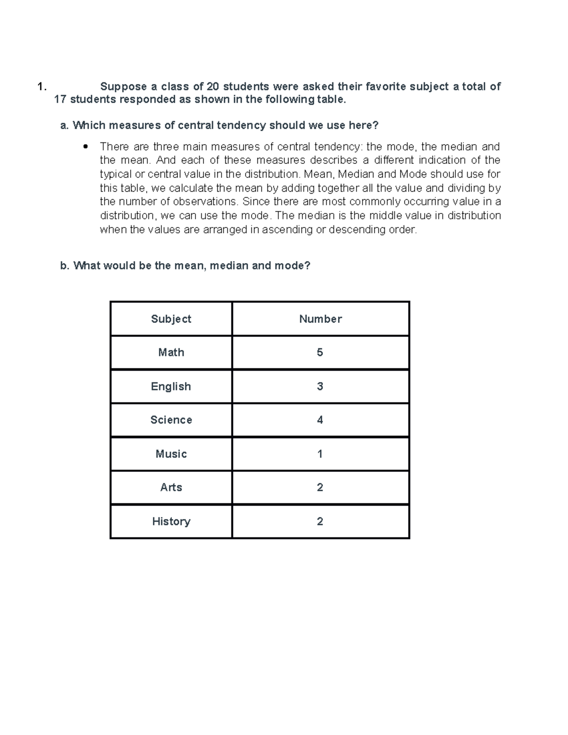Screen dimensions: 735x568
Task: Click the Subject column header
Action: (171, 319)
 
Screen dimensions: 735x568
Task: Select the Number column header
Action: (320, 319)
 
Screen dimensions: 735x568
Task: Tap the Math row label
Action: (171, 353)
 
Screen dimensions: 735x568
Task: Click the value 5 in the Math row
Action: (320, 353)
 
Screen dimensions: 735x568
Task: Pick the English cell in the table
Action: (171, 387)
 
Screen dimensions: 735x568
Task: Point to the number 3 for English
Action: (320, 387)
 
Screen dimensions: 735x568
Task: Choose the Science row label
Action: (171, 420)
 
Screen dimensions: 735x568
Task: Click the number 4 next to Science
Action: (320, 420)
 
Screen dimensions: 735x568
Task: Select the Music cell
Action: (171, 454)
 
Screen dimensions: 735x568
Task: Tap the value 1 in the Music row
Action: (320, 454)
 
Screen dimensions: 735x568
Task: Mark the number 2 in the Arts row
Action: (320, 487)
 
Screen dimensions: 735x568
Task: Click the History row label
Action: (171, 522)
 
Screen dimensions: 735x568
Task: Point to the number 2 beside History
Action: (320, 522)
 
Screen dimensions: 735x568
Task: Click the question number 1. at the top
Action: (42, 87)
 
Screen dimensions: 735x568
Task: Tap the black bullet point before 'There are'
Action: (85, 146)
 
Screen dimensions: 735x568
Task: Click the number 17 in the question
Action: (60, 99)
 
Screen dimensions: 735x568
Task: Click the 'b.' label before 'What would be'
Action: (65, 266)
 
